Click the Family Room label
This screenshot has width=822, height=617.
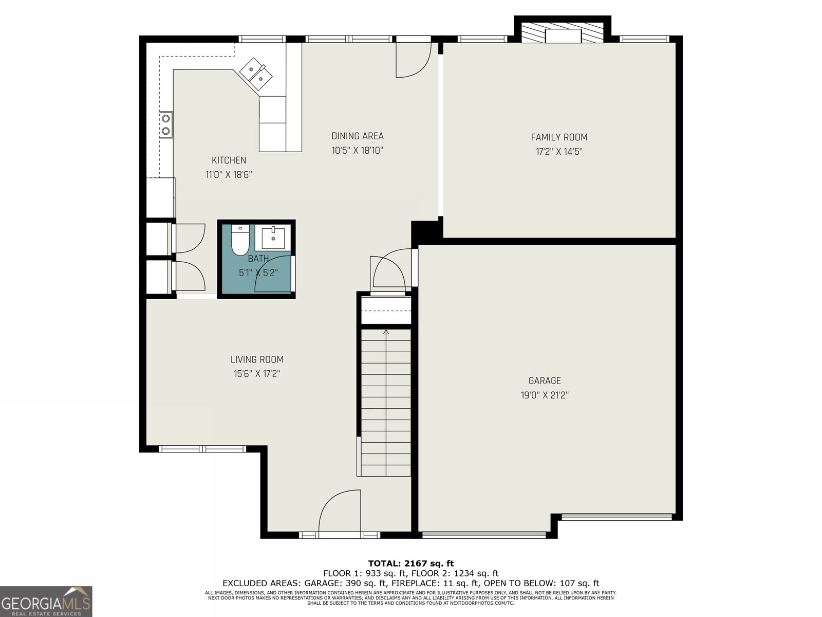click(x=559, y=137)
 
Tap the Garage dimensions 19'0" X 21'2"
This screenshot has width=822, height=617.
click(x=545, y=395)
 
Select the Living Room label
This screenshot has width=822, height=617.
click(x=257, y=359)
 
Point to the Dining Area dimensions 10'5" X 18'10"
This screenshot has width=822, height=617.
click(x=357, y=151)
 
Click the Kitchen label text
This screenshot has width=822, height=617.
click(x=229, y=160)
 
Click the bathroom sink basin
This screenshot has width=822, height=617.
click(x=273, y=238)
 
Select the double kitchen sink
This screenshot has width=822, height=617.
click(x=256, y=74)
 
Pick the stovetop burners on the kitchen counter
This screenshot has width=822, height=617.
click(x=166, y=125)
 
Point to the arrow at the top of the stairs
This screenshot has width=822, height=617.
click(x=386, y=332)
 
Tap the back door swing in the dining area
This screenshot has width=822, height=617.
click(x=414, y=60)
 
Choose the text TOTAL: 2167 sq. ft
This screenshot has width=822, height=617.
click(x=411, y=564)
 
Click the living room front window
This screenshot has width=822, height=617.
click(x=202, y=449)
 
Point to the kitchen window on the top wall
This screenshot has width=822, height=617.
click(x=262, y=39)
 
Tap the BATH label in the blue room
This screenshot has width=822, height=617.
click(x=258, y=259)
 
